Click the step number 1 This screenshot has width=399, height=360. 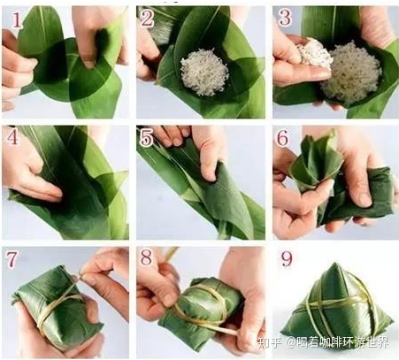point(17,19)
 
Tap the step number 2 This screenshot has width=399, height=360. point(148,19)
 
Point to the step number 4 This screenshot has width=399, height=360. point(12,136)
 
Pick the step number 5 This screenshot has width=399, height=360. point(147,138)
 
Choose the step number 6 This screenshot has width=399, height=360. point(282,138)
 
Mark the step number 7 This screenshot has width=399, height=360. point(12,259)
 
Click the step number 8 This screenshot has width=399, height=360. point(146,257)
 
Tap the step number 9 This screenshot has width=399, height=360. point(287,258)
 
